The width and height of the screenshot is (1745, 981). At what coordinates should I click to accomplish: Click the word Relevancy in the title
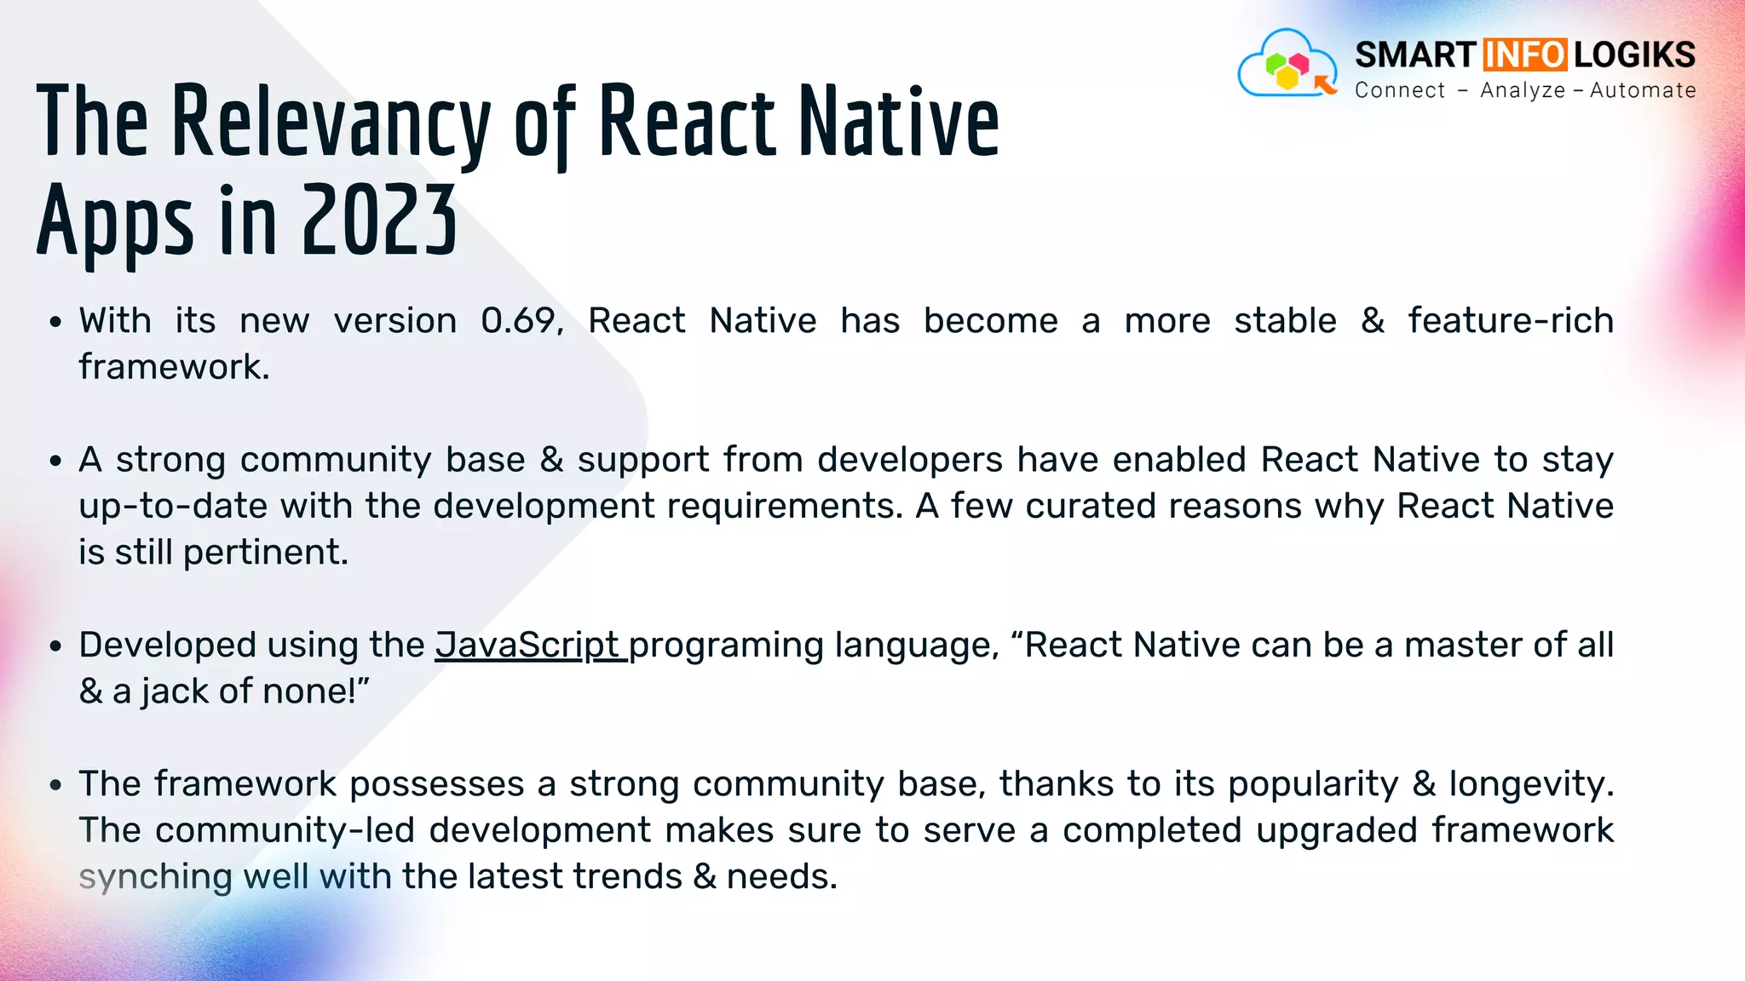[331, 123]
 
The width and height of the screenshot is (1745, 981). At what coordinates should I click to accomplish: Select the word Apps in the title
[115, 223]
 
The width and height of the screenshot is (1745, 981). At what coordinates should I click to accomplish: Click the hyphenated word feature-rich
[1510, 321]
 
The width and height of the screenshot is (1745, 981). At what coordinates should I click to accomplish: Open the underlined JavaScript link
[528, 645]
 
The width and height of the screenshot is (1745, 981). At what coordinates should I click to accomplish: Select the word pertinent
[265, 553]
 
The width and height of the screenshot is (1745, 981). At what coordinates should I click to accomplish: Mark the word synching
[155, 878]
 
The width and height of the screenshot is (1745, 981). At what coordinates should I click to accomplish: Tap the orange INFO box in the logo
[1524, 55]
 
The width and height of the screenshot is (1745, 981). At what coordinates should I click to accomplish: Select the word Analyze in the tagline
[1523, 90]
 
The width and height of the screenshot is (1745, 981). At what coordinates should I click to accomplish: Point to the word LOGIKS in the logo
[1634, 55]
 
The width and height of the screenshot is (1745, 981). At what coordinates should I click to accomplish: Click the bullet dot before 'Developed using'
[55, 647]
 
